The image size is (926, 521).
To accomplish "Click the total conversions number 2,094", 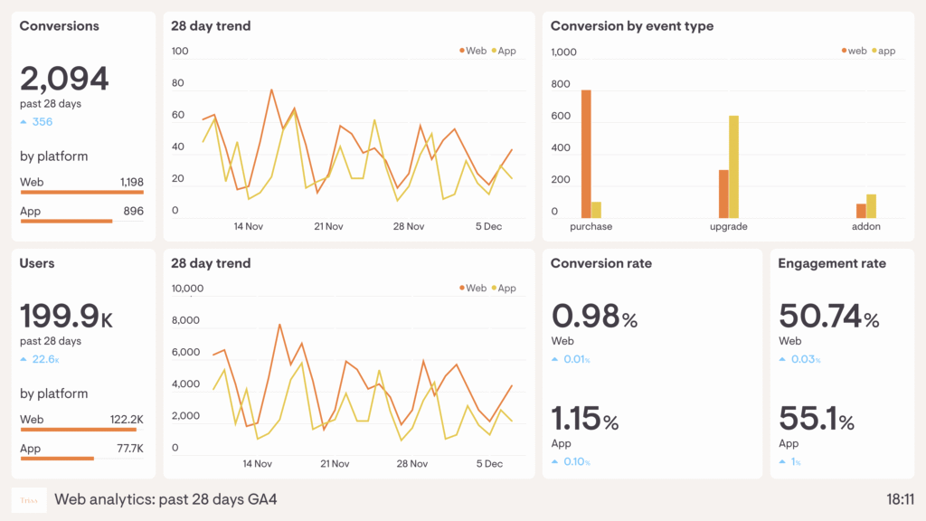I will click(x=64, y=80).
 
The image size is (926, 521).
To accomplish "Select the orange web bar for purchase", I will click(x=586, y=154).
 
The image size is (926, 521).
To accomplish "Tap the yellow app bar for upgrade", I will click(x=734, y=166).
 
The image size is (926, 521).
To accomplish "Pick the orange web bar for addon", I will click(x=861, y=211).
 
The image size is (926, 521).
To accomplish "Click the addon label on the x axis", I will click(x=865, y=227).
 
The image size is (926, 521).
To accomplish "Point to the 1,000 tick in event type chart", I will click(x=563, y=52).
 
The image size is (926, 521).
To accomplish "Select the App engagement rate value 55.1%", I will click(x=816, y=421).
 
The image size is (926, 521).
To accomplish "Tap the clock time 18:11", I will click(x=900, y=499).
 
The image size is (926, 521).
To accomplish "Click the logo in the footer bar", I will click(x=29, y=499).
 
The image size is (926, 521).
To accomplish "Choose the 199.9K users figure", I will click(x=66, y=317).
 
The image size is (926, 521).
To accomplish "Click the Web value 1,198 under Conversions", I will click(x=131, y=183).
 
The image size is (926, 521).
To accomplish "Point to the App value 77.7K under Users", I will click(x=129, y=449).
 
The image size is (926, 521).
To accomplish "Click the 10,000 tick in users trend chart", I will click(x=188, y=289).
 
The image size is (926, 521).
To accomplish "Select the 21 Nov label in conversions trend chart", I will click(x=328, y=227).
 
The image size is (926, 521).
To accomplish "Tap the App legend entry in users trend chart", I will click(x=502, y=289).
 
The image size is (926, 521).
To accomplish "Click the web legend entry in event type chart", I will click(x=853, y=52).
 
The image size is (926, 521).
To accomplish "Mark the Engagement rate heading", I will click(x=832, y=264).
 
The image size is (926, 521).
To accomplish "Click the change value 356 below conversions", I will click(x=42, y=122).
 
